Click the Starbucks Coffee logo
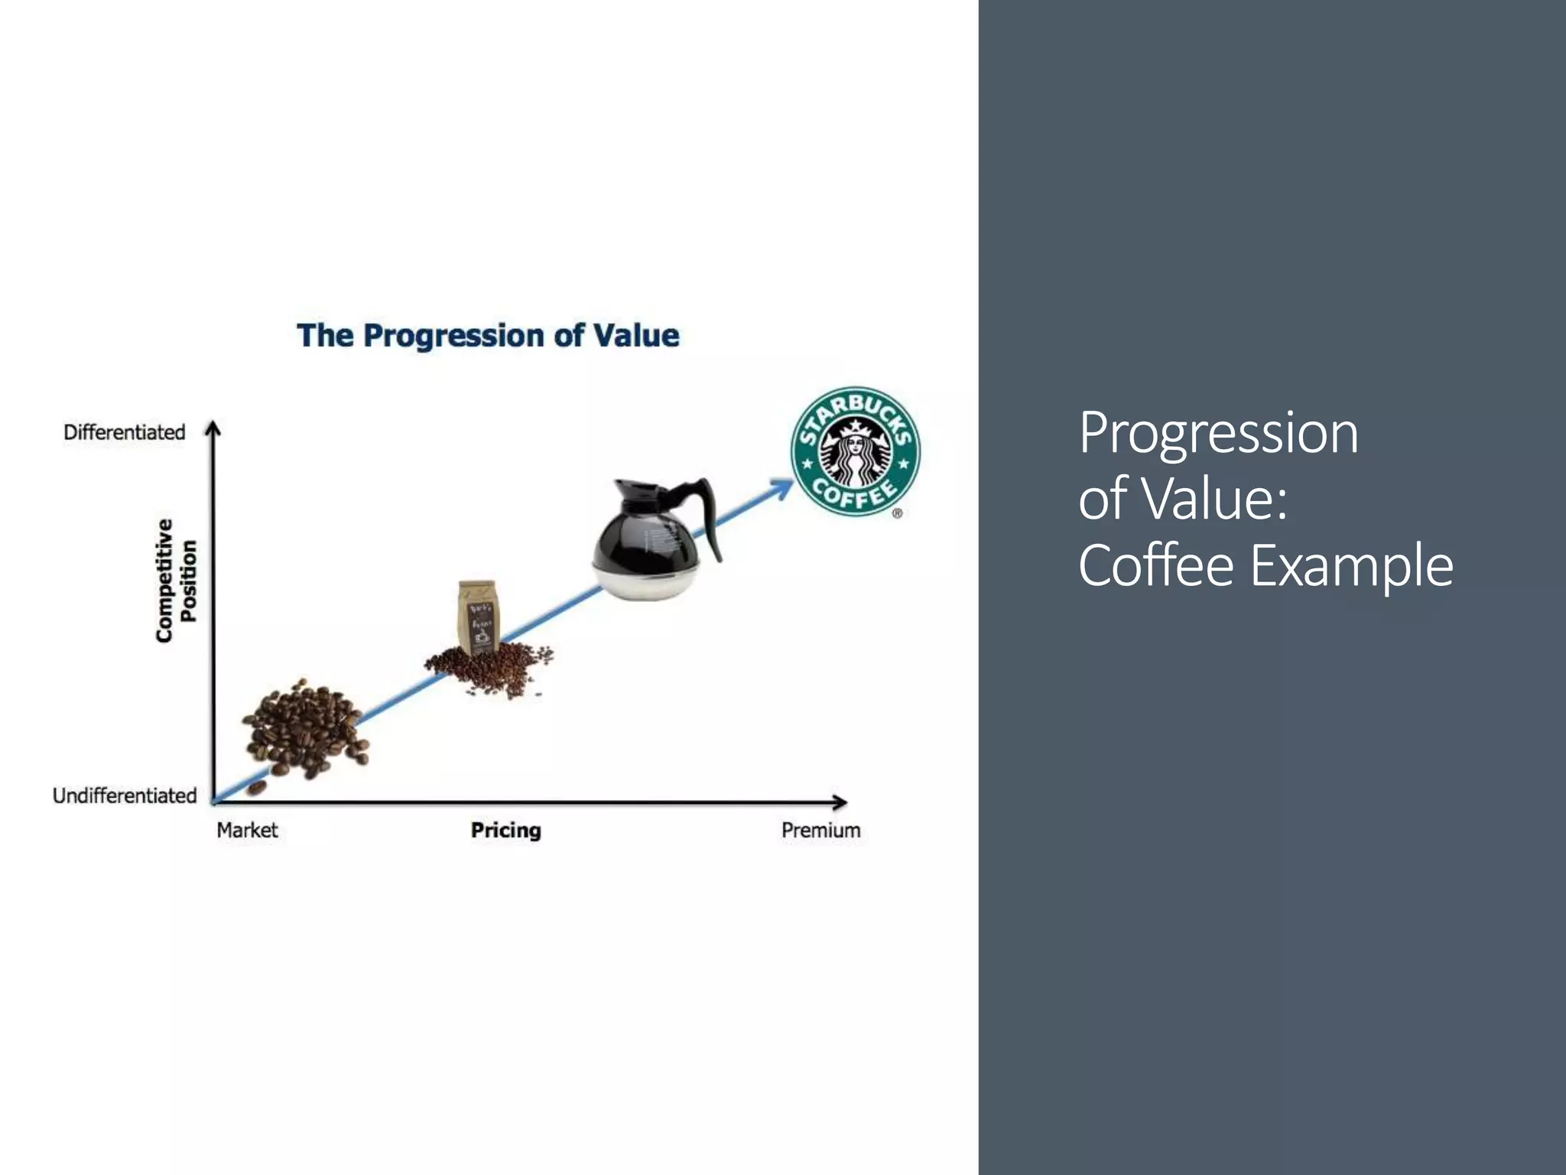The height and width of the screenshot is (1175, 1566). (x=855, y=451)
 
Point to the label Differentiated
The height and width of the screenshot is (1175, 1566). (x=125, y=432)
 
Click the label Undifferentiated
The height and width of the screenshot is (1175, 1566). (x=125, y=796)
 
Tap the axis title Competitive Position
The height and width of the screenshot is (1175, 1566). (x=176, y=581)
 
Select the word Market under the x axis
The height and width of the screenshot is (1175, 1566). (x=247, y=830)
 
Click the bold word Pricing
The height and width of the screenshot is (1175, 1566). (x=505, y=830)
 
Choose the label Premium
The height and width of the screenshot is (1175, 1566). (x=820, y=830)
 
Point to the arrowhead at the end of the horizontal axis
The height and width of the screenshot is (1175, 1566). (x=840, y=802)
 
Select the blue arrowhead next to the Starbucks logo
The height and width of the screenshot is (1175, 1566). (x=783, y=487)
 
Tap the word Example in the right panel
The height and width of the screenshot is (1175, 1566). (x=1351, y=565)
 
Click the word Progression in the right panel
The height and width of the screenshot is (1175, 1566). (x=1218, y=433)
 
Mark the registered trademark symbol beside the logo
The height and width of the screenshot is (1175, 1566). (x=897, y=513)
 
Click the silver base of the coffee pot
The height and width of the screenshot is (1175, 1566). (x=647, y=581)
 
